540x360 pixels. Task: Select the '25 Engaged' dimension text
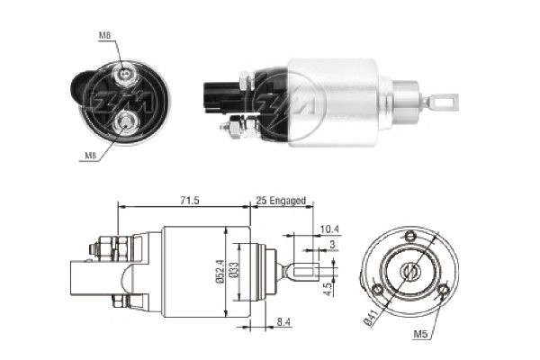point(281,200)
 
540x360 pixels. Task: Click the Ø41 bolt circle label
point(370,316)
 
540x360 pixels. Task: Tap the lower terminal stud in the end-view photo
point(127,120)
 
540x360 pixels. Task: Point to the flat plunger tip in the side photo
point(444,101)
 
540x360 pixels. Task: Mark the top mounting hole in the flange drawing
point(410,236)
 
